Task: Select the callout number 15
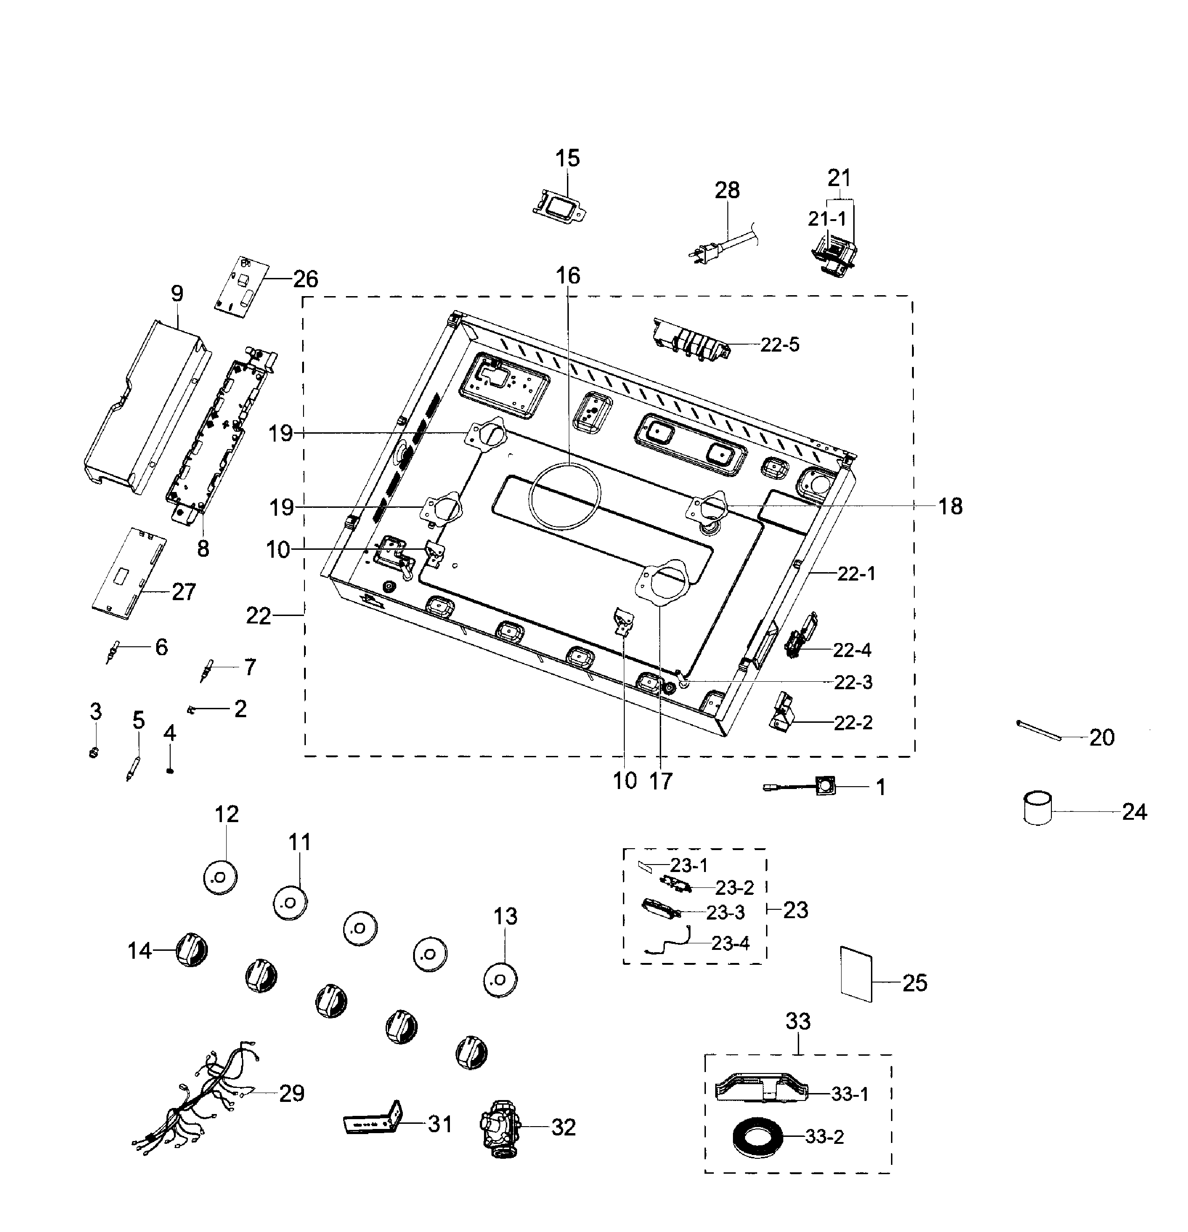pyautogui.click(x=567, y=159)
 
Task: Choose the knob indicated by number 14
pyautogui.click(x=191, y=950)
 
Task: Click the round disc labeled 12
pyautogui.click(x=220, y=877)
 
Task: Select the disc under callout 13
pyautogui.click(x=500, y=979)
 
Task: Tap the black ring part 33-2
pyautogui.click(x=758, y=1137)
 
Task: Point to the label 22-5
pyautogui.click(x=780, y=345)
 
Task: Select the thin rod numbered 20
pyautogui.click(x=1038, y=731)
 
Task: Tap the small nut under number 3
pyautogui.click(x=94, y=752)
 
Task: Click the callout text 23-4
pyautogui.click(x=731, y=943)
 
